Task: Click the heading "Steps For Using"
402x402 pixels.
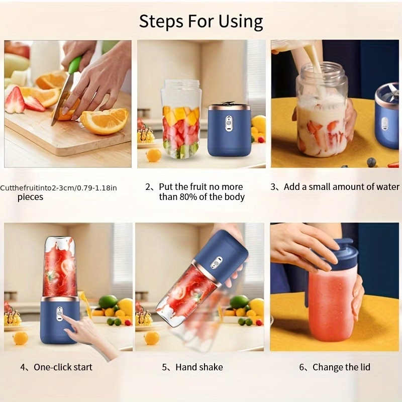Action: pyautogui.click(x=201, y=22)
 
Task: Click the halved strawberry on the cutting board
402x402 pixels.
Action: pyautogui.click(x=15, y=99)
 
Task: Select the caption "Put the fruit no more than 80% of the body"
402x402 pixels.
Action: pyautogui.click(x=201, y=192)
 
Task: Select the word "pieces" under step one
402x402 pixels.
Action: pyautogui.click(x=30, y=197)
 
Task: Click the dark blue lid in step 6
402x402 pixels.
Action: pyautogui.click(x=338, y=254)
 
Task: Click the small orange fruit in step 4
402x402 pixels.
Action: pyautogui.click(x=21, y=338)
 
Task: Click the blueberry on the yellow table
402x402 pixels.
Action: pyautogui.click(x=371, y=162)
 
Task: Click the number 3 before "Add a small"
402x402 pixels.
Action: pyautogui.click(x=273, y=187)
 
